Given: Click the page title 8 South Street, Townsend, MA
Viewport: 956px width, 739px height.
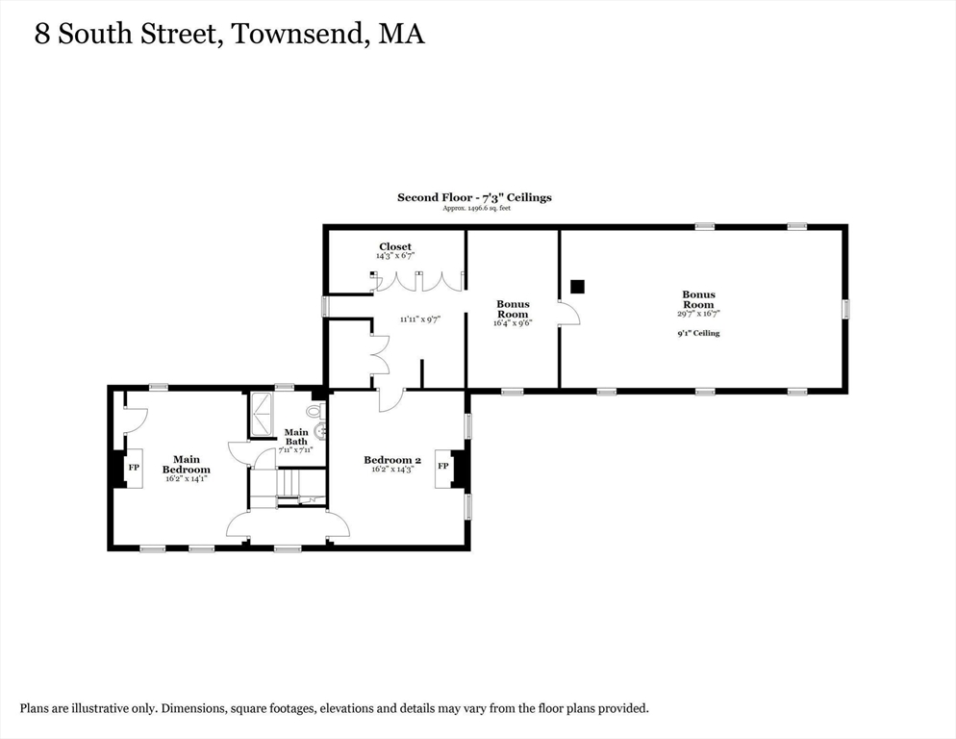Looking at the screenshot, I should (x=229, y=35).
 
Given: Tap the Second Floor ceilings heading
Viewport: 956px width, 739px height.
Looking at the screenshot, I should (x=474, y=197).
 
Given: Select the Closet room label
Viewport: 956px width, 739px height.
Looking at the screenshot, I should (x=395, y=247).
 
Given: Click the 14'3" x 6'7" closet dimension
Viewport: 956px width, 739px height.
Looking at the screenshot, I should (x=395, y=257).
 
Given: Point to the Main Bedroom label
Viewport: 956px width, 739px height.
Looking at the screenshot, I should (x=186, y=465).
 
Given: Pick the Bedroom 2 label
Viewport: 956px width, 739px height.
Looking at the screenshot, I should (x=392, y=460).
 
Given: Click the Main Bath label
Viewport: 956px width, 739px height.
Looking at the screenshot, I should (x=295, y=437).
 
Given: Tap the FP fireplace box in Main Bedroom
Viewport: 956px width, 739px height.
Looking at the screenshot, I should (x=134, y=468).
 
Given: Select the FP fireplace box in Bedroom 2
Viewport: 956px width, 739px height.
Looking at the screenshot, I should (x=443, y=466).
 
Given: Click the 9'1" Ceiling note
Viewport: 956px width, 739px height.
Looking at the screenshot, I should (x=699, y=334).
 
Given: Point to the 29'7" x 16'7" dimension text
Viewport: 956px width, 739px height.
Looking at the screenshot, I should (x=699, y=314).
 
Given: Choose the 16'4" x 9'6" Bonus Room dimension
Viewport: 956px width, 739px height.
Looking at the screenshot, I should (x=513, y=324).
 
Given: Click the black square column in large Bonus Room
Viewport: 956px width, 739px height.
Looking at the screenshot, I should (x=577, y=286).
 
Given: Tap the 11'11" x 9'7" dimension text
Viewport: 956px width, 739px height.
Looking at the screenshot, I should (x=420, y=319).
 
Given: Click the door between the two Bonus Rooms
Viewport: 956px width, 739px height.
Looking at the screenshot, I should (x=568, y=314).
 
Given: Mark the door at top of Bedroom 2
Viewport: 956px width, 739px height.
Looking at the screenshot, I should (x=391, y=399).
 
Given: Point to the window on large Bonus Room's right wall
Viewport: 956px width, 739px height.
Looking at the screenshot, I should (x=846, y=309).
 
